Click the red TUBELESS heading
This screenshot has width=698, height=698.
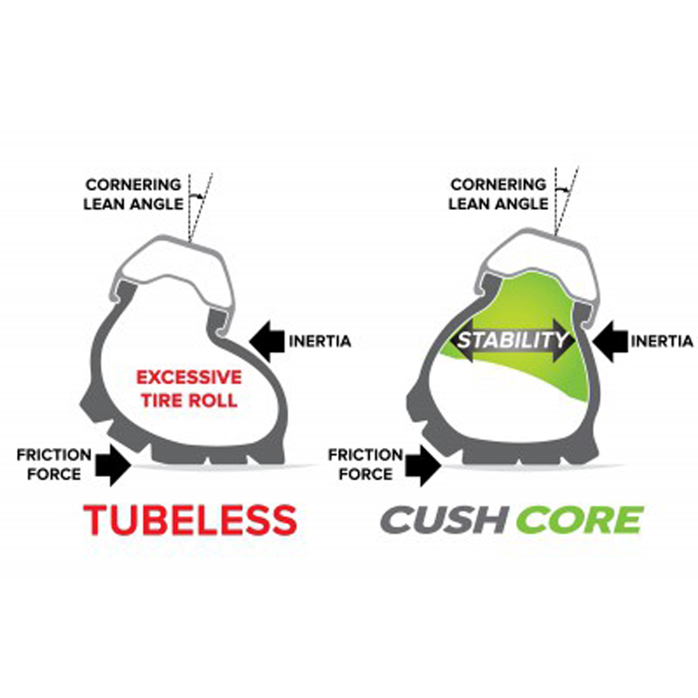click(190, 520)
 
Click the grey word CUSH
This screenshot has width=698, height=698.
click(443, 520)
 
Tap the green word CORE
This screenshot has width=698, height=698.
click(579, 520)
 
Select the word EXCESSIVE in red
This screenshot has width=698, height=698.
click(189, 378)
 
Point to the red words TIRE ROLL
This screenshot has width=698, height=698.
click(190, 400)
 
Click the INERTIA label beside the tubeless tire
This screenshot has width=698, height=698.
click(320, 341)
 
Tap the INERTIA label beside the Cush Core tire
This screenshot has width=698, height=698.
click(662, 341)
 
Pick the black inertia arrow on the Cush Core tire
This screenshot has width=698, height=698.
click(610, 341)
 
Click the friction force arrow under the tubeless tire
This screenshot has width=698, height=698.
click(113, 465)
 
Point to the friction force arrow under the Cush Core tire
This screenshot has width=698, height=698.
click(423, 465)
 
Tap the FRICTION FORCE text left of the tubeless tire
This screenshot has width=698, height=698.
click(54, 464)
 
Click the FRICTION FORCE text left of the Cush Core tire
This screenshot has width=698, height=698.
click(365, 464)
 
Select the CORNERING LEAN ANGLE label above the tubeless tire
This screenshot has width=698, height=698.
click(134, 194)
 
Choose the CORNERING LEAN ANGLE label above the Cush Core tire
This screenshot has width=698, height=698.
click(498, 194)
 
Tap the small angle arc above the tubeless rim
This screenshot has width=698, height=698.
click(196, 196)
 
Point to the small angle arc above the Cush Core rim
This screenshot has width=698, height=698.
click(562, 189)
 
